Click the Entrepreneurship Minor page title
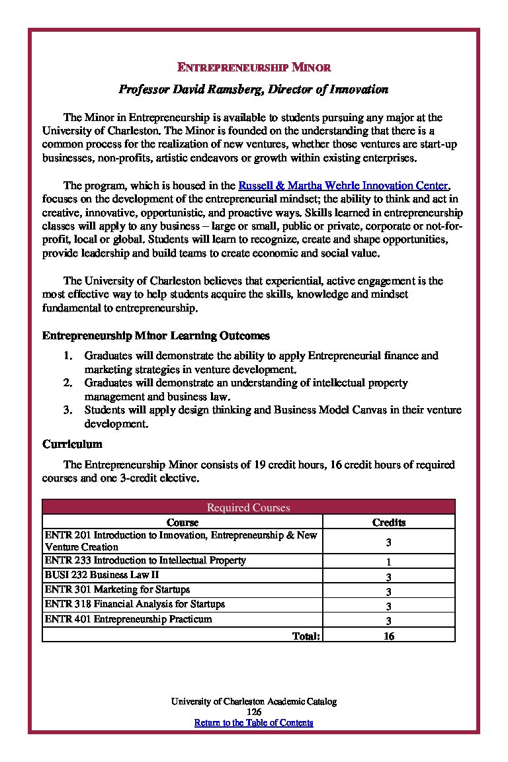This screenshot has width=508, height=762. [x=254, y=67]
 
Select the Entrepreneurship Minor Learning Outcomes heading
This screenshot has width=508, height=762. [x=155, y=336]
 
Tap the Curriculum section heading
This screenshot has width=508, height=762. [x=72, y=443]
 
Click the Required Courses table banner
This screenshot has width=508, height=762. [x=249, y=507]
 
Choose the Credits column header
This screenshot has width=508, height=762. [x=388, y=523]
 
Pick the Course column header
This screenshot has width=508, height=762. [x=183, y=523]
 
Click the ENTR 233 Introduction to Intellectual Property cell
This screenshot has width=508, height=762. [x=145, y=561]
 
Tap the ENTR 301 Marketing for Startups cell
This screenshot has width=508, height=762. [x=117, y=589]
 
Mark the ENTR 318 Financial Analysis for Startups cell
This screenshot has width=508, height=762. [x=134, y=604]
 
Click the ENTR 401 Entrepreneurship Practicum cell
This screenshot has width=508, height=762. [x=128, y=619]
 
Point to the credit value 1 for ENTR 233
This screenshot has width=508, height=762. [x=388, y=562]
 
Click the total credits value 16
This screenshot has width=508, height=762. [x=388, y=636]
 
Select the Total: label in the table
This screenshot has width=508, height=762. [x=306, y=636]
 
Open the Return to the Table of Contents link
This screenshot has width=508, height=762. [x=253, y=723]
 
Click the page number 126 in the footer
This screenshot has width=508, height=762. [x=253, y=712]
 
